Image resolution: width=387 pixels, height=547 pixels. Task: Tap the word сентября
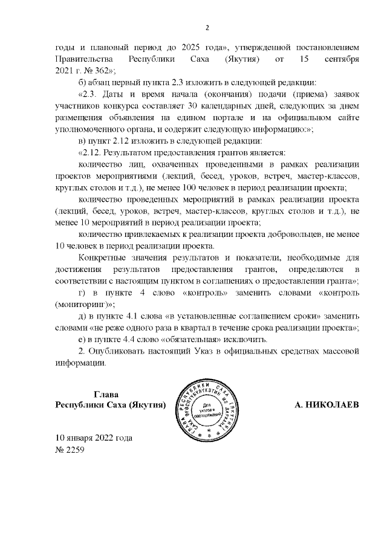tap(340, 59)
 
